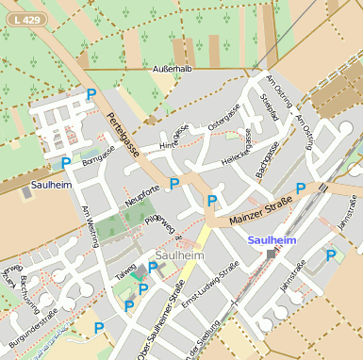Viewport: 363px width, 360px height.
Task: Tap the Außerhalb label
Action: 172,70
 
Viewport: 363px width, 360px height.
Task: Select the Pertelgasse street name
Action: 124,134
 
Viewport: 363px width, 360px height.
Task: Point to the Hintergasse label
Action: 174,138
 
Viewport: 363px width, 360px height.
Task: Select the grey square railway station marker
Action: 272,254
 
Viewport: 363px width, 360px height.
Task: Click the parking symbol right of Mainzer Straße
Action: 300,188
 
